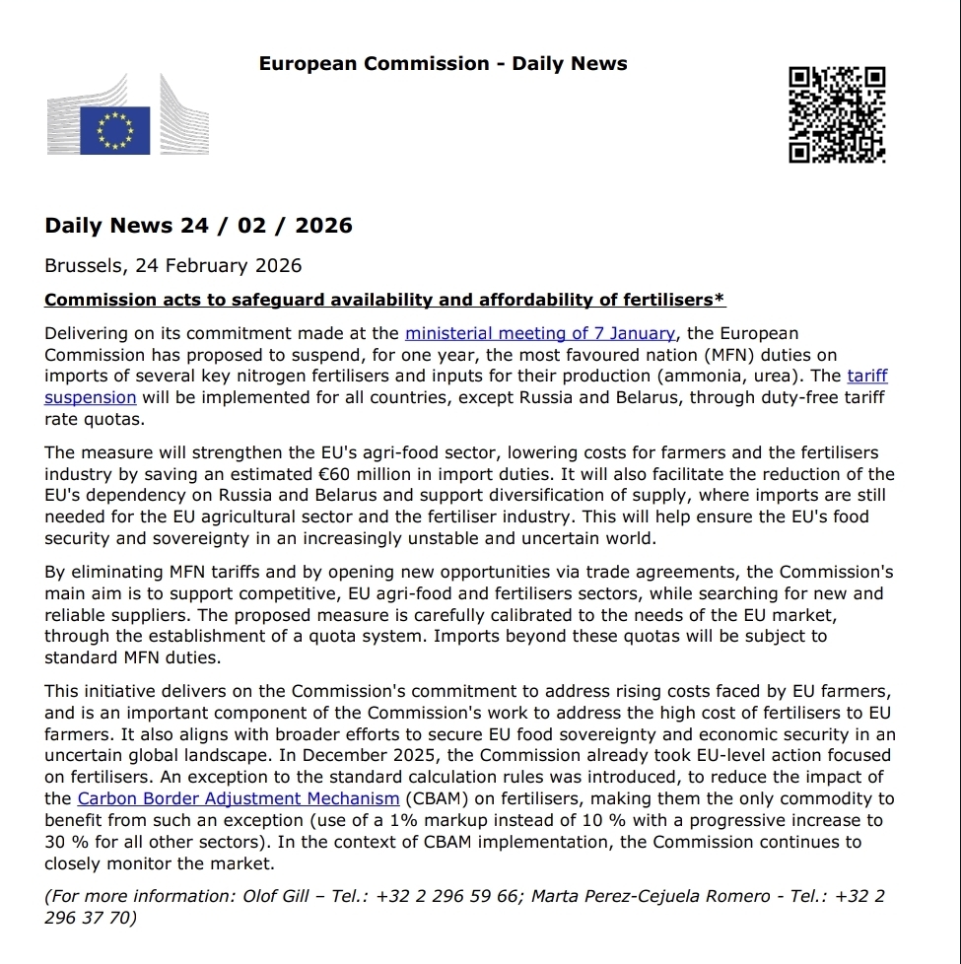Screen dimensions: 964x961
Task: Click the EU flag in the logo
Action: (114, 130)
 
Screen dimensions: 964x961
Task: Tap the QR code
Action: (837, 114)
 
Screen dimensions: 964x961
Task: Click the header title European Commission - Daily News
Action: (443, 64)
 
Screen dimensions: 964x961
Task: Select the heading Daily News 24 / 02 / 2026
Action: (198, 226)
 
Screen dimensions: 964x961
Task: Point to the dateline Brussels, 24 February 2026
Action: (172, 266)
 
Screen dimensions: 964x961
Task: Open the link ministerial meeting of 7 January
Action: (540, 334)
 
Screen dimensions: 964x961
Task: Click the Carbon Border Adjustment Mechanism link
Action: (239, 798)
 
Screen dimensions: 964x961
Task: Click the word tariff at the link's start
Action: (867, 377)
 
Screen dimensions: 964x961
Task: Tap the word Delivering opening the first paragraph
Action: (92, 334)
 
